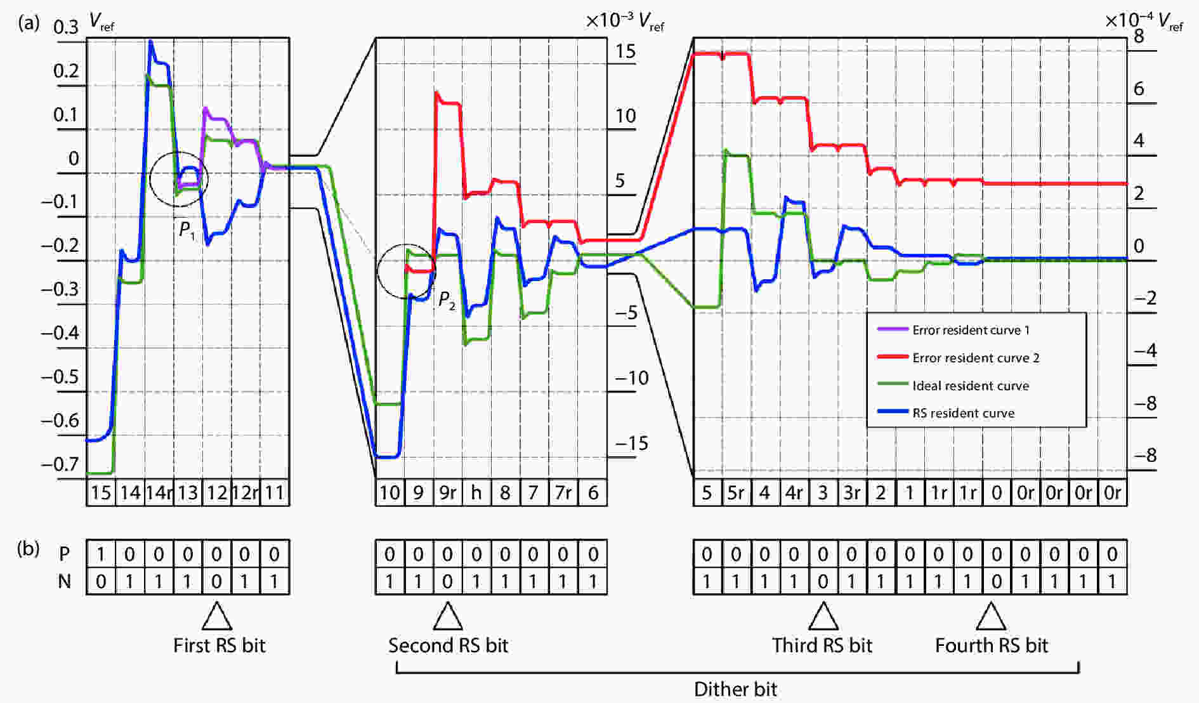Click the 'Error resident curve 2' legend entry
975,358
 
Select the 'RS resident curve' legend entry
963,413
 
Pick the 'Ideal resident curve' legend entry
970,386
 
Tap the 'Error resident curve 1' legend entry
971,330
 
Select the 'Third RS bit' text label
822,645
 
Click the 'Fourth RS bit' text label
992,645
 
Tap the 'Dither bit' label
735,689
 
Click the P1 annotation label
187,230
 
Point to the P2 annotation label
447,300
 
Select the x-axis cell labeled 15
101,493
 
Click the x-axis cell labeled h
476,493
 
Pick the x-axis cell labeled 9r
447,493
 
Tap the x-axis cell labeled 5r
736,493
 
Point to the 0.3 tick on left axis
66,27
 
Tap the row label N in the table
64,581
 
